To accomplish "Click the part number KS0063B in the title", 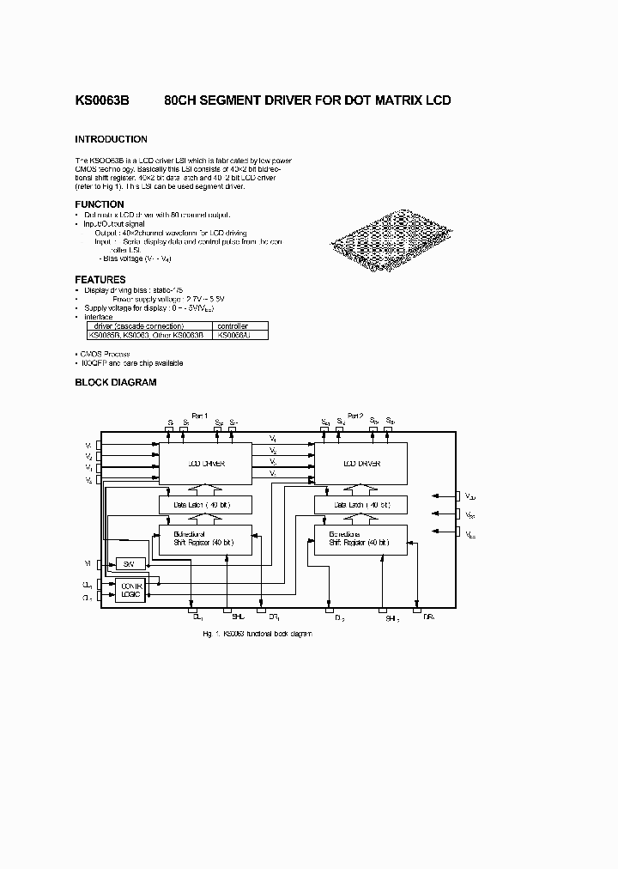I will [x=101, y=100].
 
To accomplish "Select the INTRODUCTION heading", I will [x=111, y=139].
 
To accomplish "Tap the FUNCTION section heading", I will [x=100, y=204].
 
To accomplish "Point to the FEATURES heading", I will [x=100, y=279].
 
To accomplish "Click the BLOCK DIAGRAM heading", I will [x=116, y=382].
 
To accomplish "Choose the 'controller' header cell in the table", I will [x=233, y=326].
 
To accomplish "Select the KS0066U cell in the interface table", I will [x=233, y=335].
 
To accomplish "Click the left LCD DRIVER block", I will [x=205, y=463].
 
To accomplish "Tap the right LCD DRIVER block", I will [x=360, y=463].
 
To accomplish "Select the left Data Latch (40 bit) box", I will [x=205, y=505].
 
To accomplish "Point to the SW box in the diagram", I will [x=130, y=563].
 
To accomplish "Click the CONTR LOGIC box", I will [x=130, y=590].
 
